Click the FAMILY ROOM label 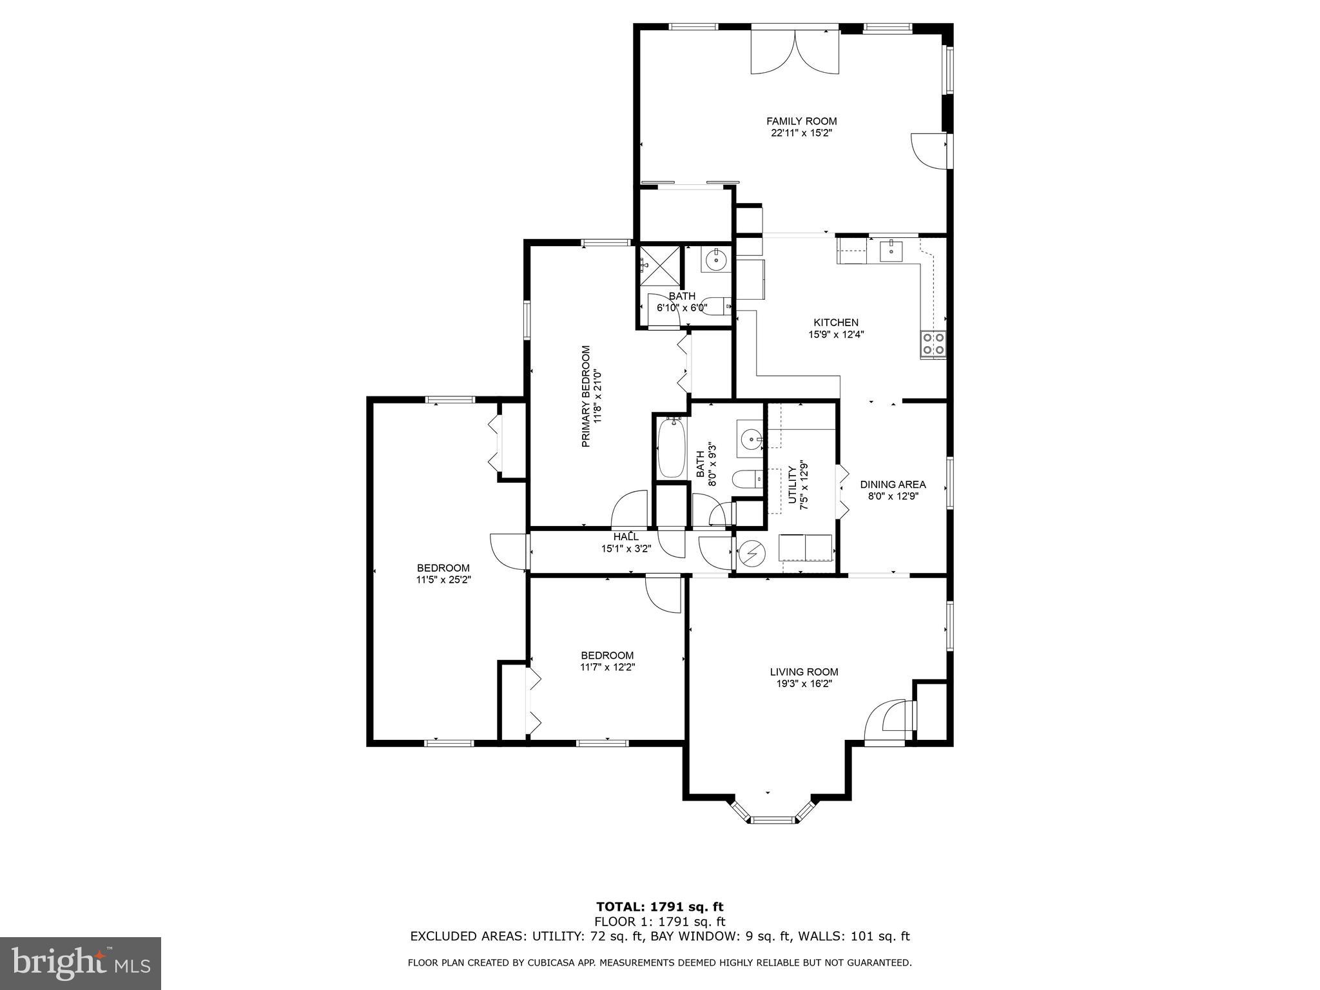point(801,121)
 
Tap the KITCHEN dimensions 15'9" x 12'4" point(835,335)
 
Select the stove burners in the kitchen point(933,344)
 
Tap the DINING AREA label point(893,484)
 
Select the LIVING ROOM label point(804,672)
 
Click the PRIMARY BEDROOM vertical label point(586,396)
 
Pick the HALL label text point(626,536)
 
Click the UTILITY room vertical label point(792,485)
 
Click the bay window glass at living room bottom point(772,819)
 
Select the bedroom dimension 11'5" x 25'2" point(443,579)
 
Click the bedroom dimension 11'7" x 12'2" point(607,667)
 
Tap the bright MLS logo point(81,963)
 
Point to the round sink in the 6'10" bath point(715,261)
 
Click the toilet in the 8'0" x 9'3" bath point(746,480)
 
